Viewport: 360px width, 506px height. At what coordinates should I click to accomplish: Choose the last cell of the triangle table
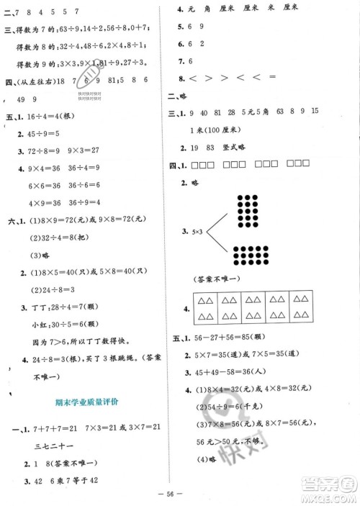pyautogui.click(x=304, y=310)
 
